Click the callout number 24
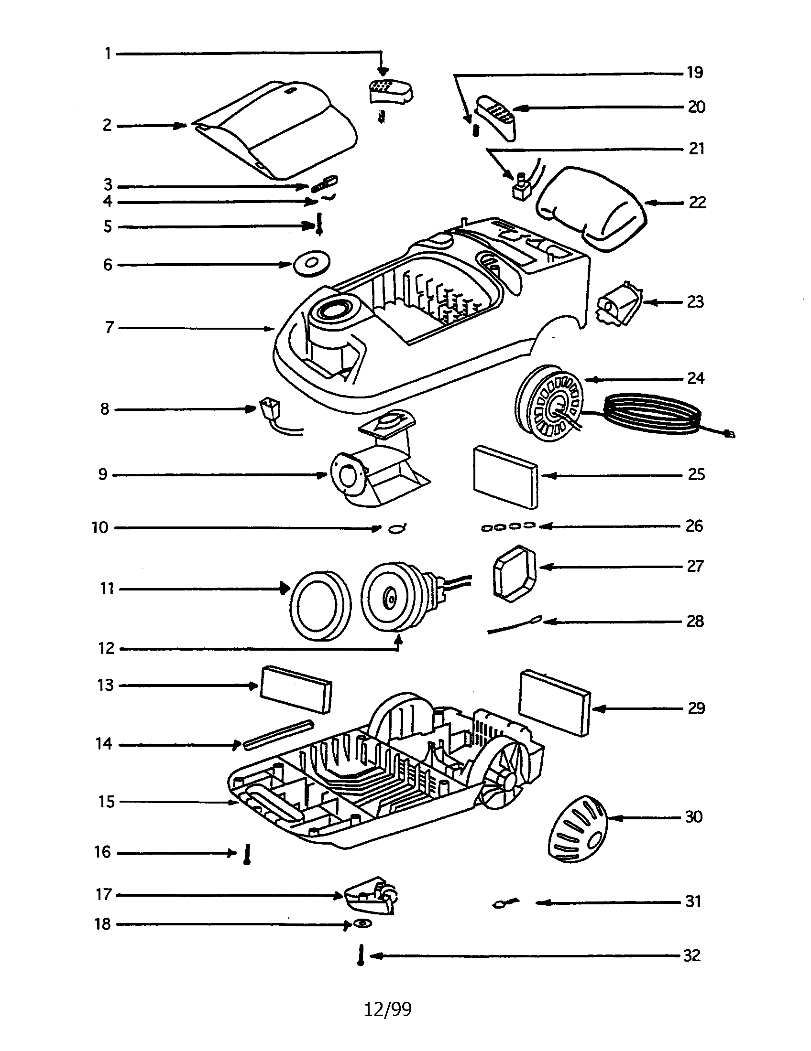point(696,379)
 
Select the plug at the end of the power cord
point(730,435)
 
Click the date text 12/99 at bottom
point(388,1008)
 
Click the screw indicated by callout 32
point(361,955)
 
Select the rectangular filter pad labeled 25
point(505,476)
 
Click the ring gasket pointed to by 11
point(320,604)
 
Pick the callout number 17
point(104,895)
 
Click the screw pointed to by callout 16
point(248,855)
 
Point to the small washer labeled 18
point(362,923)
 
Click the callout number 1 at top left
point(108,53)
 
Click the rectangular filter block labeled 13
point(296,689)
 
